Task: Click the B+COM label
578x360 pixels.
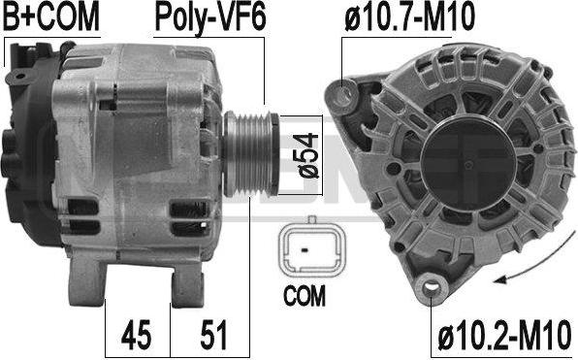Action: pyautogui.click(x=51, y=16)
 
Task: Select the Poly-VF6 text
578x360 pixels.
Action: pyautogui.click(x=210, y=18)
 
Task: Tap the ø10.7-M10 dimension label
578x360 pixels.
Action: pyautogui.click(x=409, y=16)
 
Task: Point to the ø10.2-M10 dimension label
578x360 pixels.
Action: pyautogui.click(x=504, y=335)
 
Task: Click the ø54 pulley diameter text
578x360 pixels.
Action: pyautogui.click(x=306, y=155)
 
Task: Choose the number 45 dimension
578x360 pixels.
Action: pyautogui.click(x=136, y=335)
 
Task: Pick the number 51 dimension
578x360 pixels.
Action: pyautogui.click(x=213, y=335)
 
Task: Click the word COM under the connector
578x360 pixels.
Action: pyautogui.click(x=305, y=295)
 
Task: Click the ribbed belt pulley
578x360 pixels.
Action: pyautogui.click(x=251, y=154)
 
